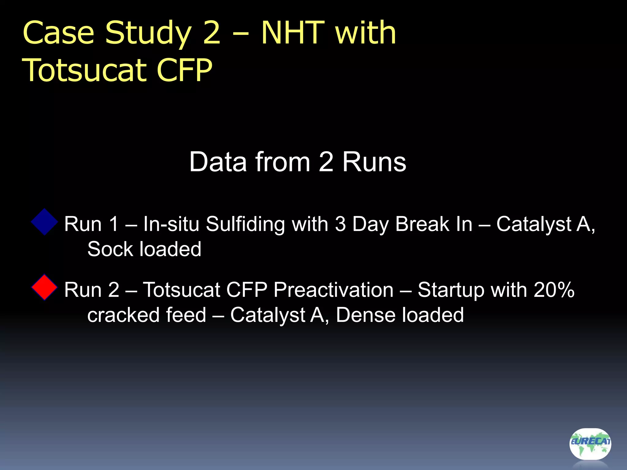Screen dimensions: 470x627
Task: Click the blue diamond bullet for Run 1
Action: point(45,222)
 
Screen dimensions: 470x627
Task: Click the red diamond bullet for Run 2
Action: point(45,287)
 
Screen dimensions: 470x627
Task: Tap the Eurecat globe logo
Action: point(590,443)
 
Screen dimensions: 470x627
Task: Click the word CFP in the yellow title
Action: point(184,70)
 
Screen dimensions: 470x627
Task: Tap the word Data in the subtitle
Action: point(218,162)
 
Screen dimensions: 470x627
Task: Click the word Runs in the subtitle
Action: point(374,162)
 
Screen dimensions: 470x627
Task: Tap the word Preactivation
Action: point(333,290)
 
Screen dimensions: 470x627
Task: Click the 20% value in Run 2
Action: point(554,290)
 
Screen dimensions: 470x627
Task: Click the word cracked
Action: point(123,315)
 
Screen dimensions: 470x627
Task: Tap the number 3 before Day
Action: point(340,224)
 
